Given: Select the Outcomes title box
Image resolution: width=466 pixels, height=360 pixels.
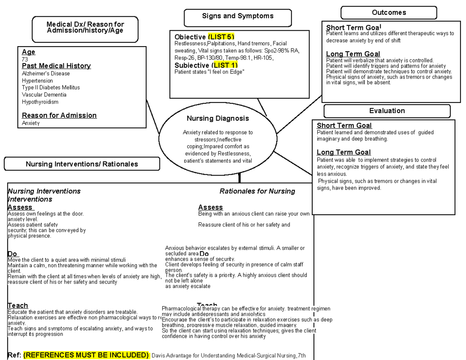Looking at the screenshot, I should pos(389,12).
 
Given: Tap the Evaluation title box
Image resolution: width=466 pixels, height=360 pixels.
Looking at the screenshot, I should pos(387,111).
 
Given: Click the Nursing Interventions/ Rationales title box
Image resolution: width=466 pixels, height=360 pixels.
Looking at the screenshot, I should pos(82,164).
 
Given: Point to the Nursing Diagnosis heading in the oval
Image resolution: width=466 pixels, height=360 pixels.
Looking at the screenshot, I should pos(217,118).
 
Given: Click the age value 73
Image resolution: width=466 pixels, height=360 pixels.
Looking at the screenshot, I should pos(25,59).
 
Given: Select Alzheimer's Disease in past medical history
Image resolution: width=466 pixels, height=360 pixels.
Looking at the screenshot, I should pos(46,73).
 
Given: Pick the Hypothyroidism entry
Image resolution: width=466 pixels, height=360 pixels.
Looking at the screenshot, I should pos(40,102).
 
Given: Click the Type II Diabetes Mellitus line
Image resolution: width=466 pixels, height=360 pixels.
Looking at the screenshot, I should pos(51,87).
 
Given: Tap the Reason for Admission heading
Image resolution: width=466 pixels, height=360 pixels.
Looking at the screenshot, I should pos(59,115).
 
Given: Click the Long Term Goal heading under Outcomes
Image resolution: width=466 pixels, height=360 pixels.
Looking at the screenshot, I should pos(353,54).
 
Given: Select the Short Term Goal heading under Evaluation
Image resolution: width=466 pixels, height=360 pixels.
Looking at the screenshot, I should pos(344,125).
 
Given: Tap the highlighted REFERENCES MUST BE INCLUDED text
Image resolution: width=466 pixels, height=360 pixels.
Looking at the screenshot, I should pos(86,355).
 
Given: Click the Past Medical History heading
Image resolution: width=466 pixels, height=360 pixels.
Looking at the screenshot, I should pos(56,66).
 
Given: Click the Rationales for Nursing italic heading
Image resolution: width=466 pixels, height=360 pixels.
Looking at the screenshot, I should pos(257,191).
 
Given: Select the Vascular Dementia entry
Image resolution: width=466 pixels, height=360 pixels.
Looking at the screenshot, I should pos(44,95).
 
